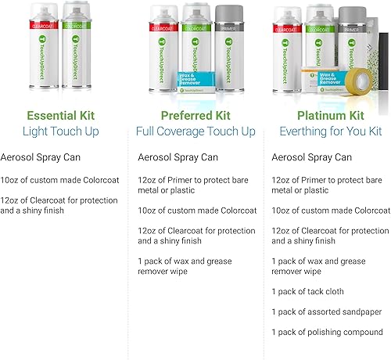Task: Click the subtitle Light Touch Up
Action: pos(61,131)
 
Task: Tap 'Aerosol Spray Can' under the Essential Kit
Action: pos(42,157)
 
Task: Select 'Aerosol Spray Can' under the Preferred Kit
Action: pos(178,157)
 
